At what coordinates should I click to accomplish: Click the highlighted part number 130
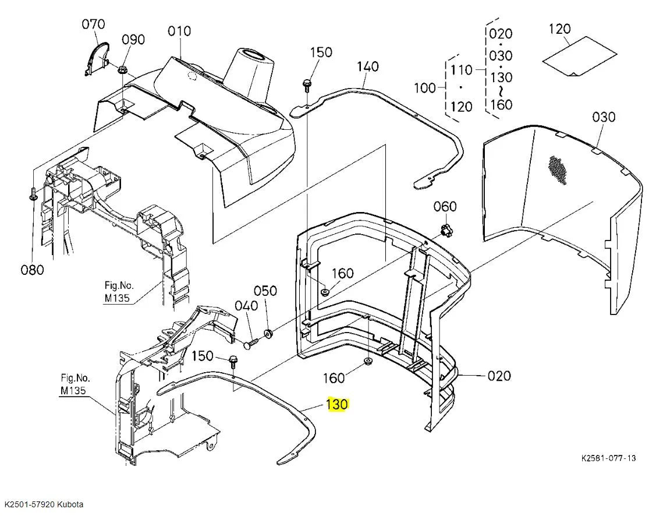click(x=337, y=404)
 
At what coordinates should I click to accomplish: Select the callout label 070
click(x=93, y=24)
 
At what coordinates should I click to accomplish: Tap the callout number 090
click(x=133, y=40)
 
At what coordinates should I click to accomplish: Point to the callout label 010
click(x=179, y=31)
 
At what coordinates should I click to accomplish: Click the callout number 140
click(x=368, y=66)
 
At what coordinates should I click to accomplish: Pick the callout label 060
click(x=445, y=206)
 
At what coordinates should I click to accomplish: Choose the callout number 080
click(x=32, y=270)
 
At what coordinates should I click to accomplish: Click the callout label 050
click(x=265, y=291)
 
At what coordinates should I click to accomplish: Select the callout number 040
click(x=246, y=306)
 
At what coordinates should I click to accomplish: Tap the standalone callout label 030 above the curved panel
click(x=603, y=116)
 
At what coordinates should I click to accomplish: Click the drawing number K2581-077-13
click(x=608, y=458)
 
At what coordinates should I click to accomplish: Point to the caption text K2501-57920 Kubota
click(x=44, y=504)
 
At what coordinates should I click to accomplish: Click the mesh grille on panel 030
click(x=558, y=170)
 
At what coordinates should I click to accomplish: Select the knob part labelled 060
click(x=445, y=229)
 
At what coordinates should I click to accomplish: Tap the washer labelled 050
click(x=268, y=334)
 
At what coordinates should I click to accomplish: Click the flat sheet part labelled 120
click(x=580, y=56)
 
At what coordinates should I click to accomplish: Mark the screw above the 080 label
click(x=33, y=194)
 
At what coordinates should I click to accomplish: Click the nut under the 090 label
click(x=123, y=69)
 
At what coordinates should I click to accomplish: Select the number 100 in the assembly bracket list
click(x=425, y=88)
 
